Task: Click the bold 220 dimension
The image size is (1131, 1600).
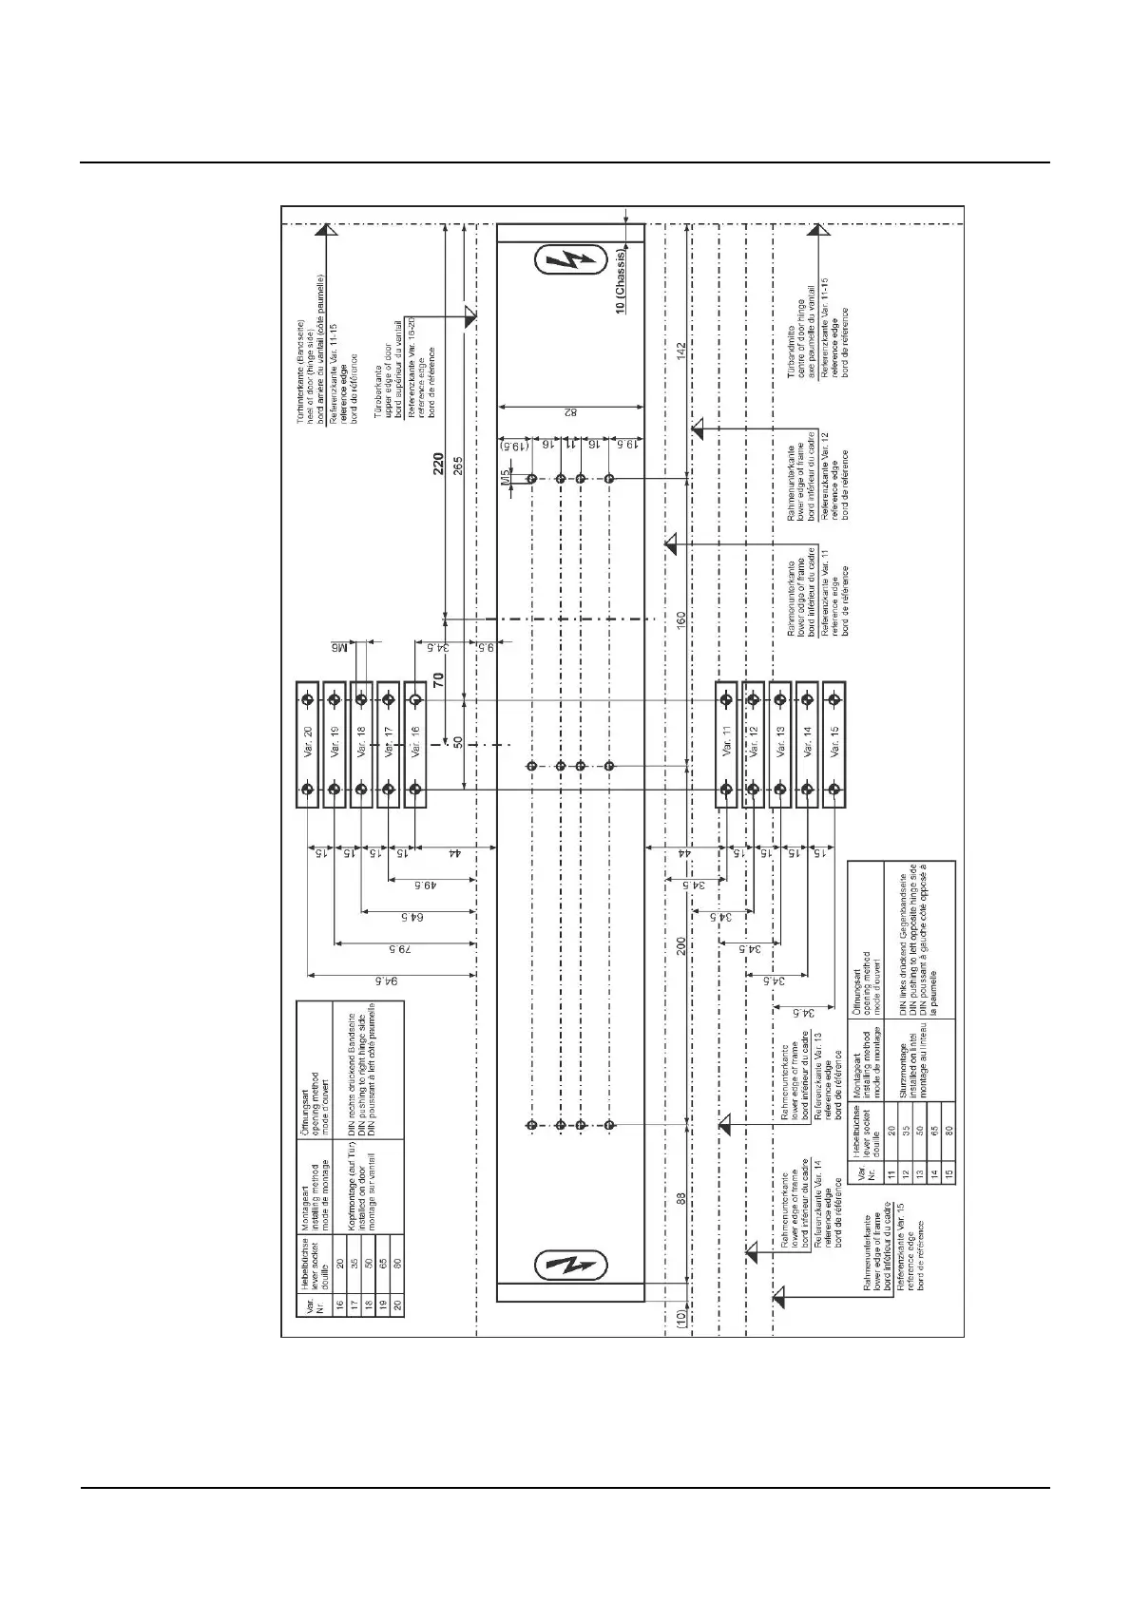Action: click(439, 467)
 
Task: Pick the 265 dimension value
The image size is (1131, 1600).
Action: click(458, 467)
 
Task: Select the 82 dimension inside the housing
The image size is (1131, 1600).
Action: click(570, 412)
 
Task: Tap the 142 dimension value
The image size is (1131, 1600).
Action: click(681, 350)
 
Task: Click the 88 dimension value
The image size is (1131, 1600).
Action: click(681, 1199)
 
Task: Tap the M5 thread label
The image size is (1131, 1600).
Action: click(507, 478)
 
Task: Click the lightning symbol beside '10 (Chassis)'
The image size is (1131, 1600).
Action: click(570, 260)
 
